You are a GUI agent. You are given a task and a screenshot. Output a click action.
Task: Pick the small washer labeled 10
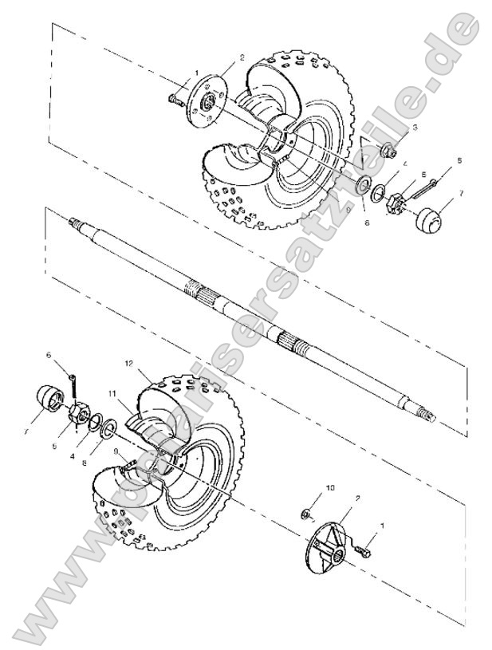(306, 510)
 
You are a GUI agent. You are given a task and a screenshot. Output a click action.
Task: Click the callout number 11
(112, 392)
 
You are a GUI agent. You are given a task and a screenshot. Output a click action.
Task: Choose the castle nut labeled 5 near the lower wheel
(81, 413)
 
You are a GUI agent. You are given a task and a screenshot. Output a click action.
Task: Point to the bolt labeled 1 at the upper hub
(175, 100)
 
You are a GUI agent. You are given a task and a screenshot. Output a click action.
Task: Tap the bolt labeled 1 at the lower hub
(365, 550)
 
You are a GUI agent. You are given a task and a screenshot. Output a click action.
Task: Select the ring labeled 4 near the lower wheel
(94, 422)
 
